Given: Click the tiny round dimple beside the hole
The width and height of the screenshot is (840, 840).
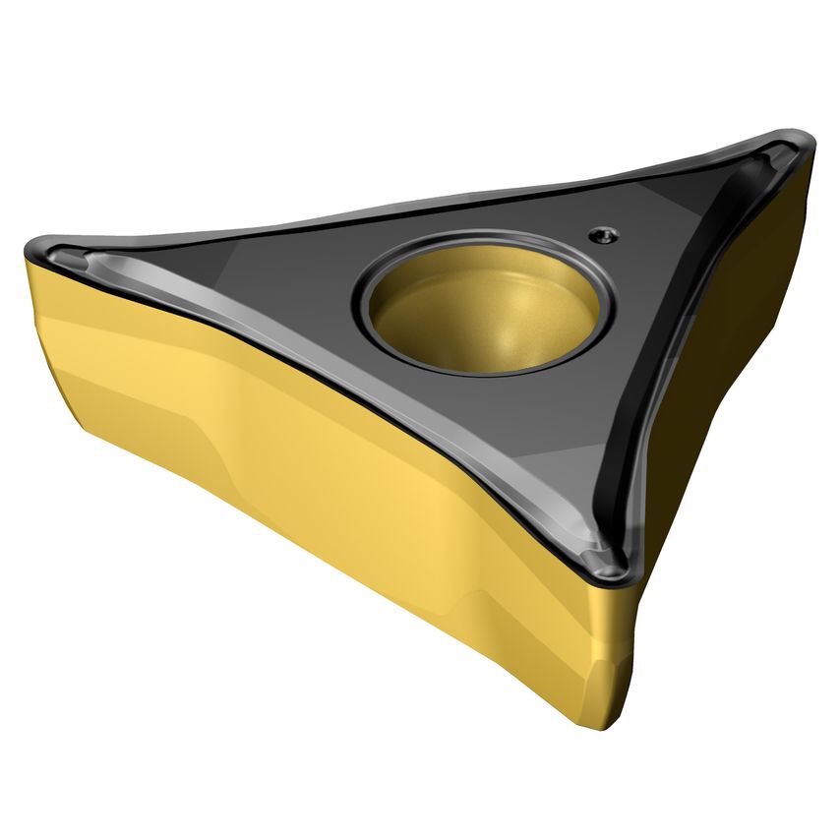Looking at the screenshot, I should pyautogui.click(x=602, y=233).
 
